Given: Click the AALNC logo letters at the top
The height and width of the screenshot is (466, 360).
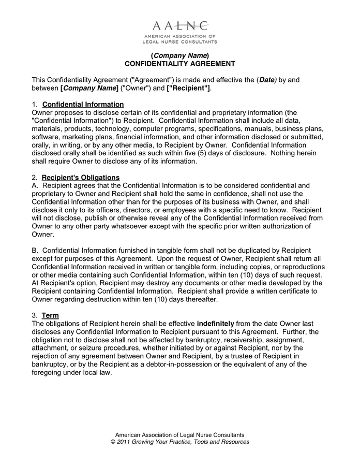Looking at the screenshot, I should click(x=180, y=25).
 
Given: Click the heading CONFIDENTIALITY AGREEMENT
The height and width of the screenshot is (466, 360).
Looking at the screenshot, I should click(x=180, y=64).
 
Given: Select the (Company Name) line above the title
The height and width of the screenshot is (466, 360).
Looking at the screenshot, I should click(x=180, y=55).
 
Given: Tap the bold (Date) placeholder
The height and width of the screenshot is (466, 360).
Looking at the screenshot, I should click(x=267, y=80).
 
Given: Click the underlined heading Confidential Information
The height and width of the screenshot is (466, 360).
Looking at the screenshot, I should click(x=83, y=105).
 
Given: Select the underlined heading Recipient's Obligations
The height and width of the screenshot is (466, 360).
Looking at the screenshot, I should click(x=81, y=178).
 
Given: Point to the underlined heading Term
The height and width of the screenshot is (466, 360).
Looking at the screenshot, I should click(x=50, y=315).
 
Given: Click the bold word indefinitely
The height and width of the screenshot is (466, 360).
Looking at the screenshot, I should click(x=216, y=324).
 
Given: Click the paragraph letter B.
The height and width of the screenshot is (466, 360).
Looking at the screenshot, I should click(x=35, y=251).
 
